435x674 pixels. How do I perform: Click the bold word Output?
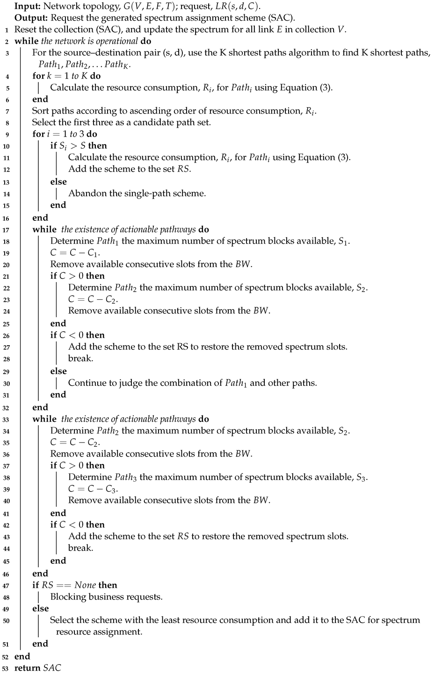coord(30,18)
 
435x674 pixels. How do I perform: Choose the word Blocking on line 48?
coord(68,597)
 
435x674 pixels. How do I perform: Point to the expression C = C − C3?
coord(93,489)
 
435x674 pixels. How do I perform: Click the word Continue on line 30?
coord(87,383)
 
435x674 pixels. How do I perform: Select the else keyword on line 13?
coord(58,181)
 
